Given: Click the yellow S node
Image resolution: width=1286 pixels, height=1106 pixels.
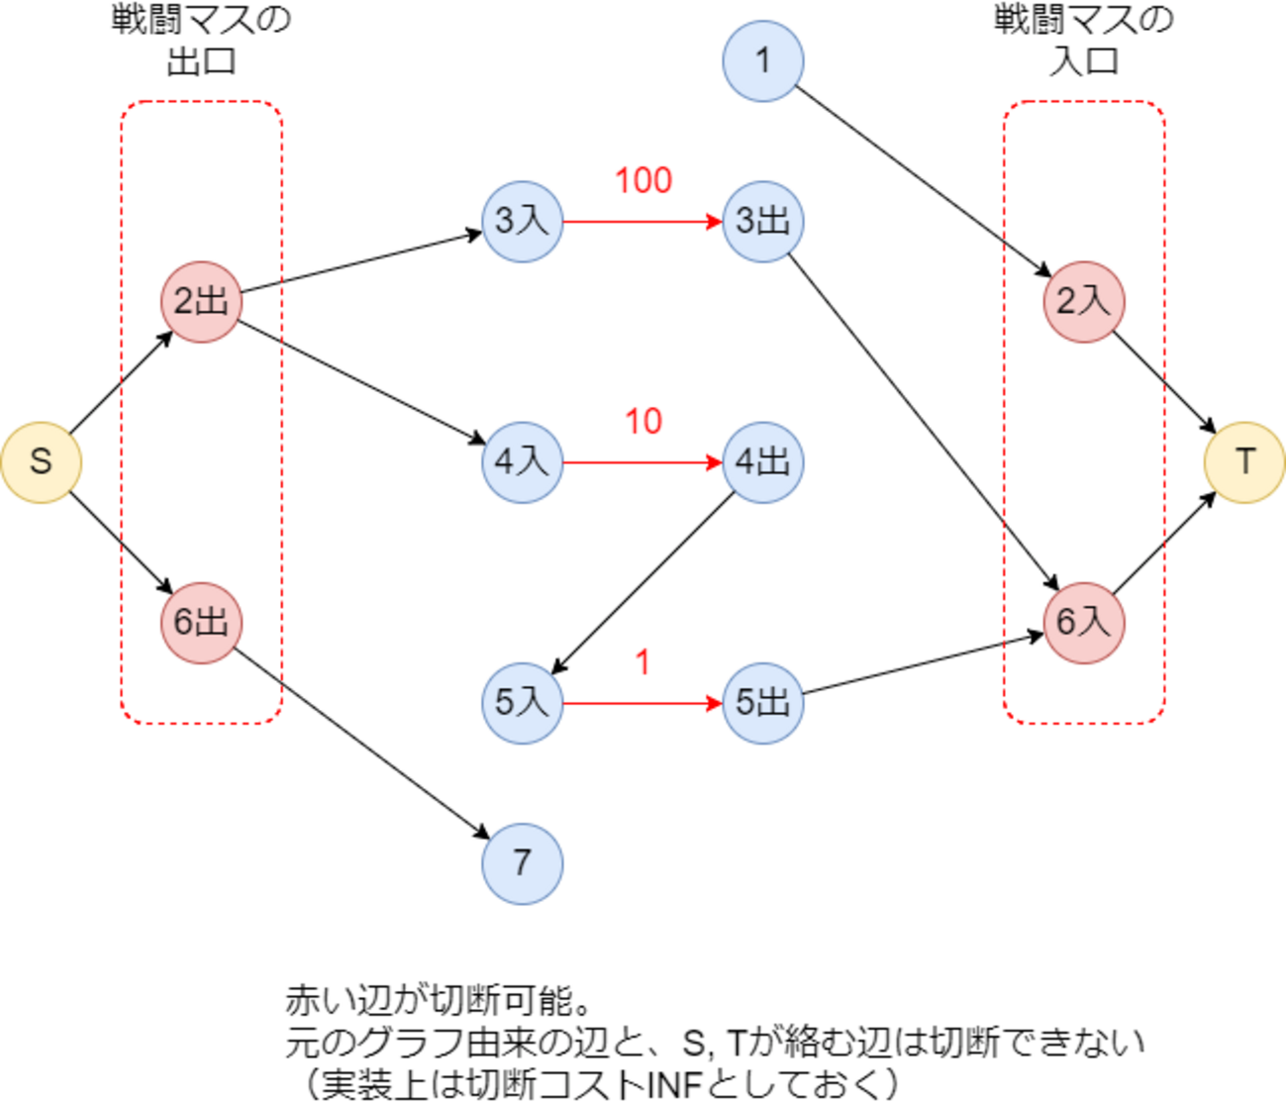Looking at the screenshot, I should [41, 462].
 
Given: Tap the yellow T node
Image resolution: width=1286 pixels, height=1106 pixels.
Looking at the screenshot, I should [1244, 462].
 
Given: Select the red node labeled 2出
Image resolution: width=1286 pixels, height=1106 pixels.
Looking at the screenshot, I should [201, 302].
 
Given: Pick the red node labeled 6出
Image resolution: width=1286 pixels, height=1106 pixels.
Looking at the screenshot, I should [201, 623].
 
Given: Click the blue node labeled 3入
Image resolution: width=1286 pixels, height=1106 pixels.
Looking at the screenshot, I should [522, 221].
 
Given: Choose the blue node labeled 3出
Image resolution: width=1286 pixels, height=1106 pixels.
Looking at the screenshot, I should [762, 221].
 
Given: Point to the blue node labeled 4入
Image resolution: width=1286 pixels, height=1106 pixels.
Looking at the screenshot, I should [522, 462].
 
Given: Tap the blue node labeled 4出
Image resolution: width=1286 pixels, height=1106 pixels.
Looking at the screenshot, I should [762, 462].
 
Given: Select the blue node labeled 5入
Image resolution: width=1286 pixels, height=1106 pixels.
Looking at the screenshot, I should [522, 703].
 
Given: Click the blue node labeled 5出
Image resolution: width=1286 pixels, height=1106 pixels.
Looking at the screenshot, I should [762, 703].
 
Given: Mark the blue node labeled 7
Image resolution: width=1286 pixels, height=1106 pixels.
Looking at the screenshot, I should [522, 863].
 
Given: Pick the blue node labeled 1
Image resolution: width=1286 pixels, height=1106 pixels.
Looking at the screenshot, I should [762, 61].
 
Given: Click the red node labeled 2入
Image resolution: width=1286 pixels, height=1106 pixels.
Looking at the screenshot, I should [1084, 302].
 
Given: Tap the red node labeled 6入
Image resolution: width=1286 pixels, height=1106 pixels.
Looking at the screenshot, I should [1084, 623].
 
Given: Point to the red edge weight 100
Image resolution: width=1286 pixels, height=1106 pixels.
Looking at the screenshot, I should [643, 181].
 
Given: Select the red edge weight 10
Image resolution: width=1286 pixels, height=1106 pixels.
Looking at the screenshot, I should [643, 422].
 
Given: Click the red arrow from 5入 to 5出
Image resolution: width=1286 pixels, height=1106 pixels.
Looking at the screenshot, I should [643, 703].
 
